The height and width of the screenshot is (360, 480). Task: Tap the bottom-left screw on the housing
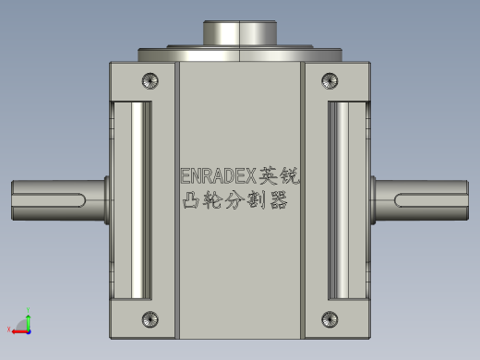pyautogui.click(x=151, y=320)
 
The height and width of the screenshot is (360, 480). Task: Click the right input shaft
pyautogui.click(x=420, y=199)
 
